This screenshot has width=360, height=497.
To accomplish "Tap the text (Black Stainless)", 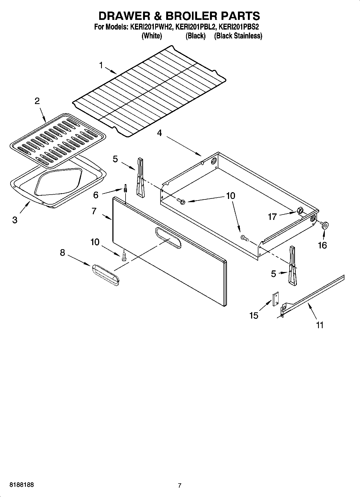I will pyautogui.click(x=238, y=36).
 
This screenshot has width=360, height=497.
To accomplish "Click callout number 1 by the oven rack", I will pyautogui.click(x=101, y=65).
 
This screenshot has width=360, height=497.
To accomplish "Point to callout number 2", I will pyautogui.click(x=37, y=101).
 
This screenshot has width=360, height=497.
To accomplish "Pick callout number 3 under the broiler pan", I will pyautogui.click(x=15, y=220).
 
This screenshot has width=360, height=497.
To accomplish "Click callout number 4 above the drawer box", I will pyautogui.click(x=159, y=133).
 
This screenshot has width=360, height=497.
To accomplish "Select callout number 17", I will pyautogui.click(x=272, y=217).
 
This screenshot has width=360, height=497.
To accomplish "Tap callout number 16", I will pyautogui.click(x=322, y=245).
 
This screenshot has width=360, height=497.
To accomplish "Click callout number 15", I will pyautogui.click(x=254, y=315).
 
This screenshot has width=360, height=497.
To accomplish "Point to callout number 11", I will pyautogui.click(x=319, y=325).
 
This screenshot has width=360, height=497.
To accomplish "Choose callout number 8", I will pyautogui.click(x=62, y=252).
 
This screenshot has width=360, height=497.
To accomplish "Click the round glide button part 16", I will pyautogui.click(x=325, y=225).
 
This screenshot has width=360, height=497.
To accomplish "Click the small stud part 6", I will pyautogui.click(x=125, y=188).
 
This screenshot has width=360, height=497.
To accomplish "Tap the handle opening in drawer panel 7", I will pyautogui.click(x=168, y=237).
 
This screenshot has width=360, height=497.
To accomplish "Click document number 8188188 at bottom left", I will pyautogui.click(x=22, y=485).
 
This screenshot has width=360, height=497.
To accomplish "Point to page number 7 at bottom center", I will pyautogui.click(x=180, y=485).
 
